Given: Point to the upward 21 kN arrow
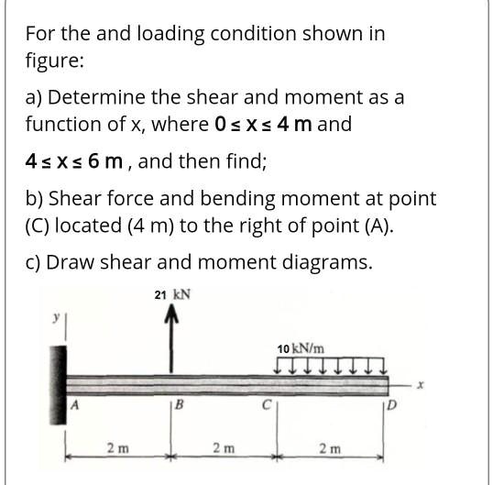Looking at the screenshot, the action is pyautogui.click(x=170, y=339).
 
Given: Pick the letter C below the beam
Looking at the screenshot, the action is pyautogui.click(x=267, y=404).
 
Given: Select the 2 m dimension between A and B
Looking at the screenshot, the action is pyautogui.click(x=116, y=448).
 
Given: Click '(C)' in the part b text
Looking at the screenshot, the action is pyautogui.click(x=41, y=225).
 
